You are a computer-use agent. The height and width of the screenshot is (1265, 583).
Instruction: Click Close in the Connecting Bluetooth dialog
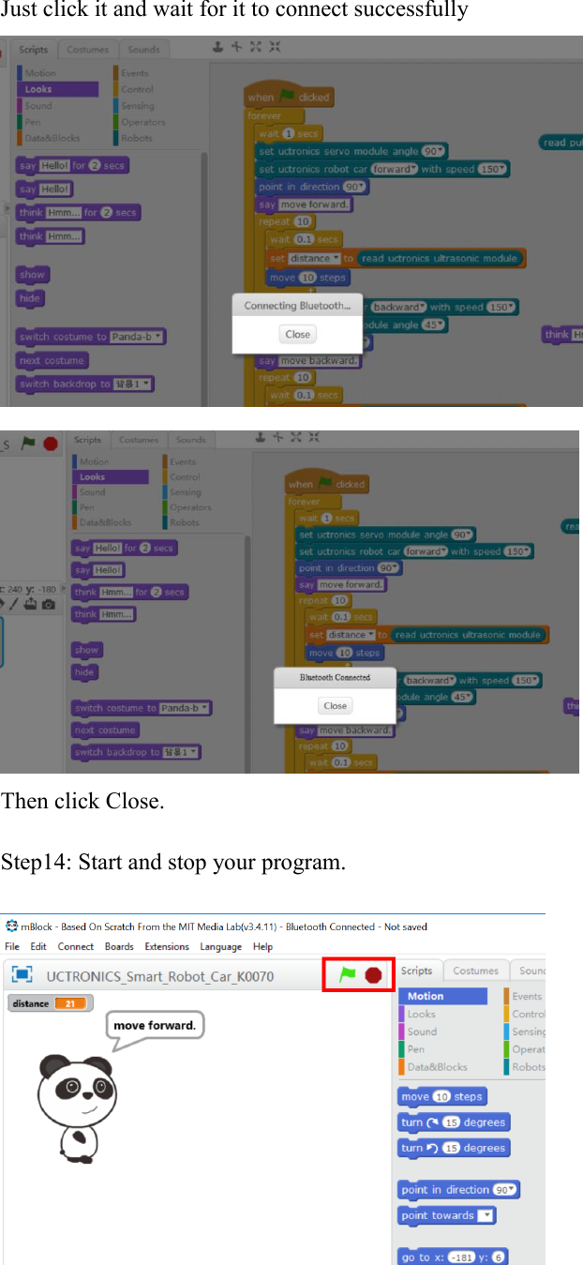297,334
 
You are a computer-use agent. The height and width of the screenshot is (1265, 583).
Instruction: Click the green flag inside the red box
347,975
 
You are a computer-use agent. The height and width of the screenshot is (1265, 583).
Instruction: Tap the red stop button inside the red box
373,975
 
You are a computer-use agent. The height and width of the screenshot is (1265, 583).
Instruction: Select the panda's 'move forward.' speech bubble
155,1025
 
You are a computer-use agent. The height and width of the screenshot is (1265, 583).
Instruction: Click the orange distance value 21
70,1003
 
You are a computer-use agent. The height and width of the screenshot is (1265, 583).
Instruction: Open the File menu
12,946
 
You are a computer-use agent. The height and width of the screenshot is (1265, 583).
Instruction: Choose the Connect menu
76,946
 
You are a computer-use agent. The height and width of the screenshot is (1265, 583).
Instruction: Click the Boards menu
119,946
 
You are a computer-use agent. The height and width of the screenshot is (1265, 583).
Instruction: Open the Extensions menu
167,946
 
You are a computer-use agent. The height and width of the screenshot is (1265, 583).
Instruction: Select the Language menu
220,946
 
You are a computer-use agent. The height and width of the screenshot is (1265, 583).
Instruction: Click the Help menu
263,946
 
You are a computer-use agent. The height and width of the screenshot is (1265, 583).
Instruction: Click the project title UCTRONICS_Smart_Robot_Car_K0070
160,976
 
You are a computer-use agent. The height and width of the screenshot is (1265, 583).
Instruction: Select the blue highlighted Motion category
442,996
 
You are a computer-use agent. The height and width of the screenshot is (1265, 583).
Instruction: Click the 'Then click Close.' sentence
82,802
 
